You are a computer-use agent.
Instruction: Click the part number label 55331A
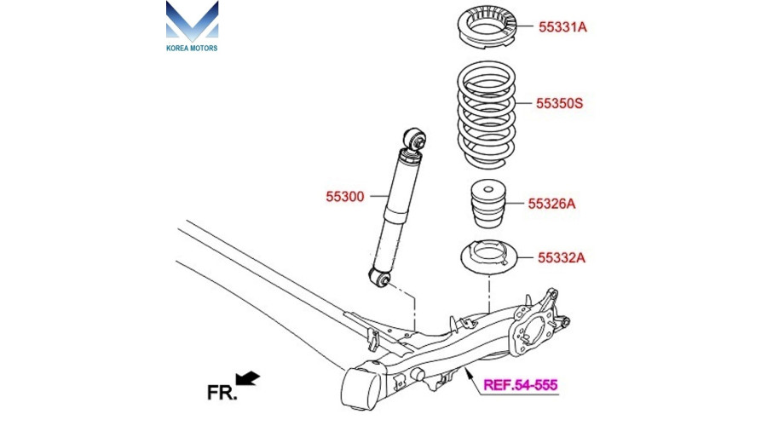pyautogui.click(x=562, y=27)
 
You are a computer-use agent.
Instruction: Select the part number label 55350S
pyautogui.click(x=559, y=104)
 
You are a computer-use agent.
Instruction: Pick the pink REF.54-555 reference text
pyautogui.click(x=521, y=385)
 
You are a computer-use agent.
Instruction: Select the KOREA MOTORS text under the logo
pyautogui.click(x=192, y=48)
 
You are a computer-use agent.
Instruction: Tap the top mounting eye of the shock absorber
pyautogui.click(x=415, y=138)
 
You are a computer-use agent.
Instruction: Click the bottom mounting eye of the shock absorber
pyautogui.click(x=380, y=276)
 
